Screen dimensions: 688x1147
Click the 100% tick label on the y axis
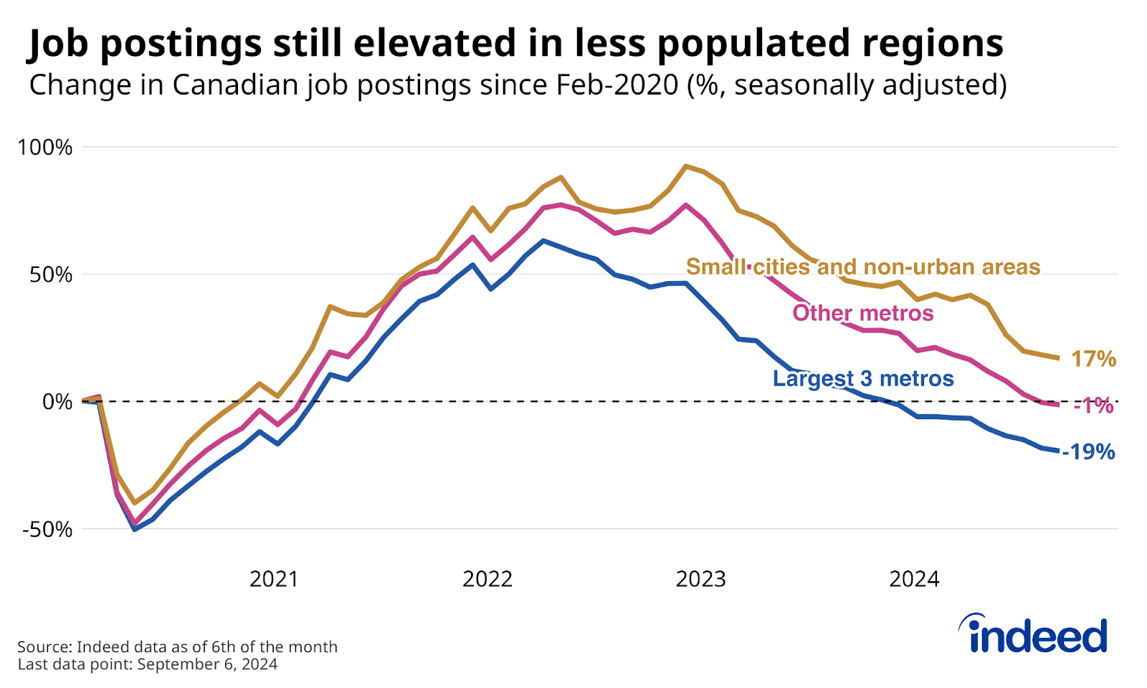(x=45, y=148)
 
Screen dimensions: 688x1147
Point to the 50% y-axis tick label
(x=51, y=275)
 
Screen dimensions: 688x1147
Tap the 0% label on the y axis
(x=57, y=402)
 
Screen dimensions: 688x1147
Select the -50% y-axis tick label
(x=47, y=530)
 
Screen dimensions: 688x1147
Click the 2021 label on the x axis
(x=274, y=579)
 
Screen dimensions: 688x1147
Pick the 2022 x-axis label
(x=487, y=579)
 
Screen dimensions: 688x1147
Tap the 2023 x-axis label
(x=701, y=579)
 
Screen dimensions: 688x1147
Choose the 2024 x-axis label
(x=914, y=579)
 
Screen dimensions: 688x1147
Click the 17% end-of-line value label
(x=1093, y=359)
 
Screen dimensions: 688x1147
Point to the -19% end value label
(x=1088, y=452)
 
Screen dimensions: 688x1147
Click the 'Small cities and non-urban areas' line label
(x=863, y=267)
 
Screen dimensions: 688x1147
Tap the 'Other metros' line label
(x=863, y=313)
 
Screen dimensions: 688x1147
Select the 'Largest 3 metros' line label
(x=863, y=378)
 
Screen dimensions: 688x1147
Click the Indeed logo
(x=1035, y=634)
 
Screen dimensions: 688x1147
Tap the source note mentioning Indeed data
(x=177, y=646)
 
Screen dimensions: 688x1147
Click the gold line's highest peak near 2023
(x=686, y=166)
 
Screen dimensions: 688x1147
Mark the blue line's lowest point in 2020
(x=134, y=529)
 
